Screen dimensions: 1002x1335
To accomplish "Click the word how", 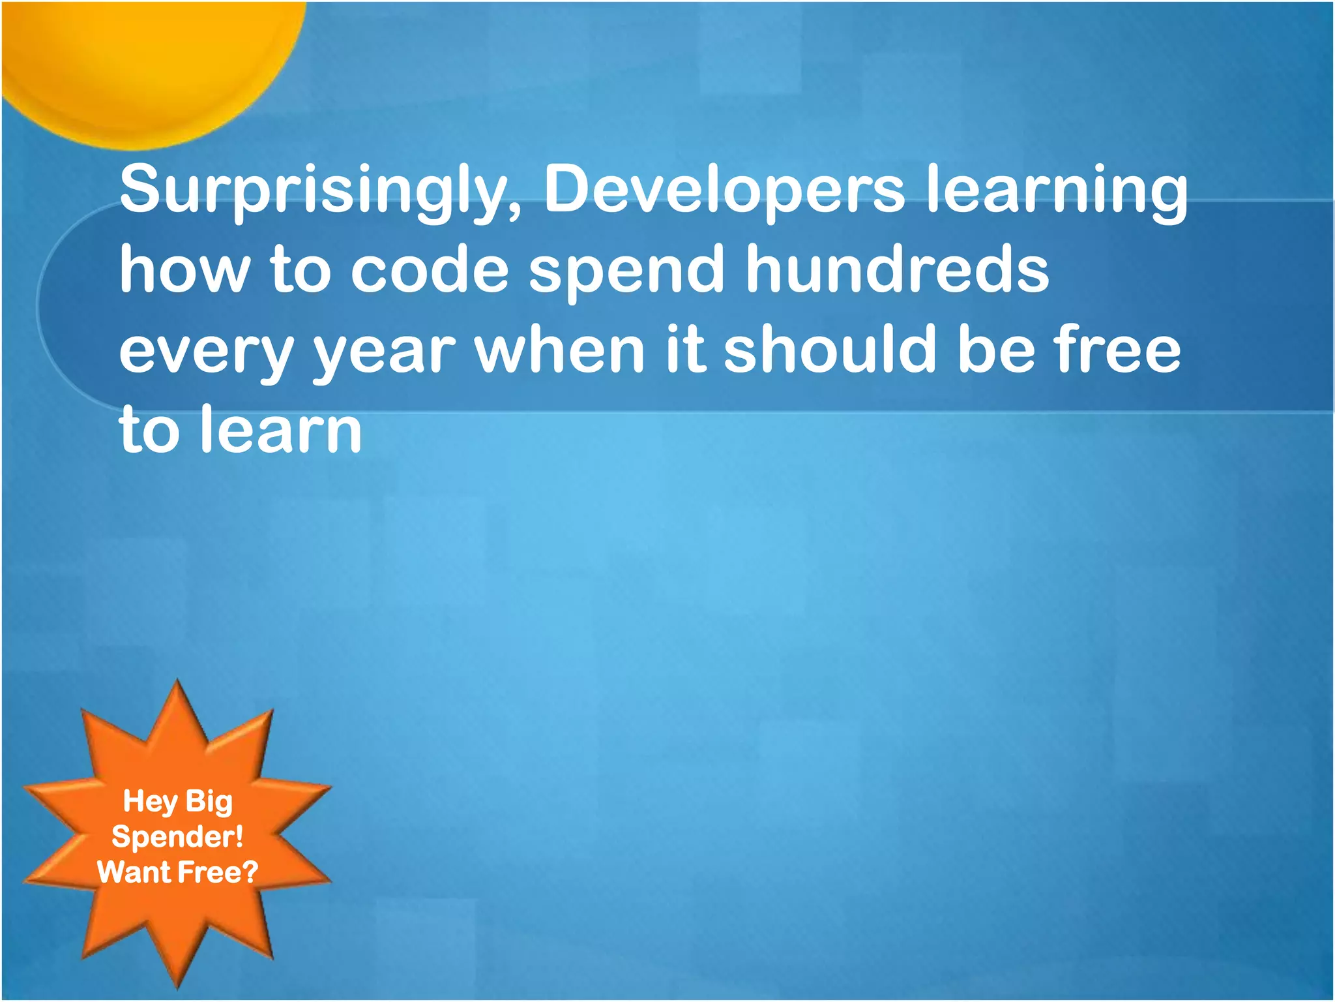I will tap(184, 269).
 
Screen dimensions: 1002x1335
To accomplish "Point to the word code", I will tap(430, 269).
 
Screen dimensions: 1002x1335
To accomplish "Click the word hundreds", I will tap(897, 269).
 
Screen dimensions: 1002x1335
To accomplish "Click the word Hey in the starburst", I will tap(150, 802).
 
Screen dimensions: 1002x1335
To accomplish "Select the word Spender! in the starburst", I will tap(177, 836).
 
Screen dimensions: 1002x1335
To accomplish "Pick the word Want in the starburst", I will tap(133, 872).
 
